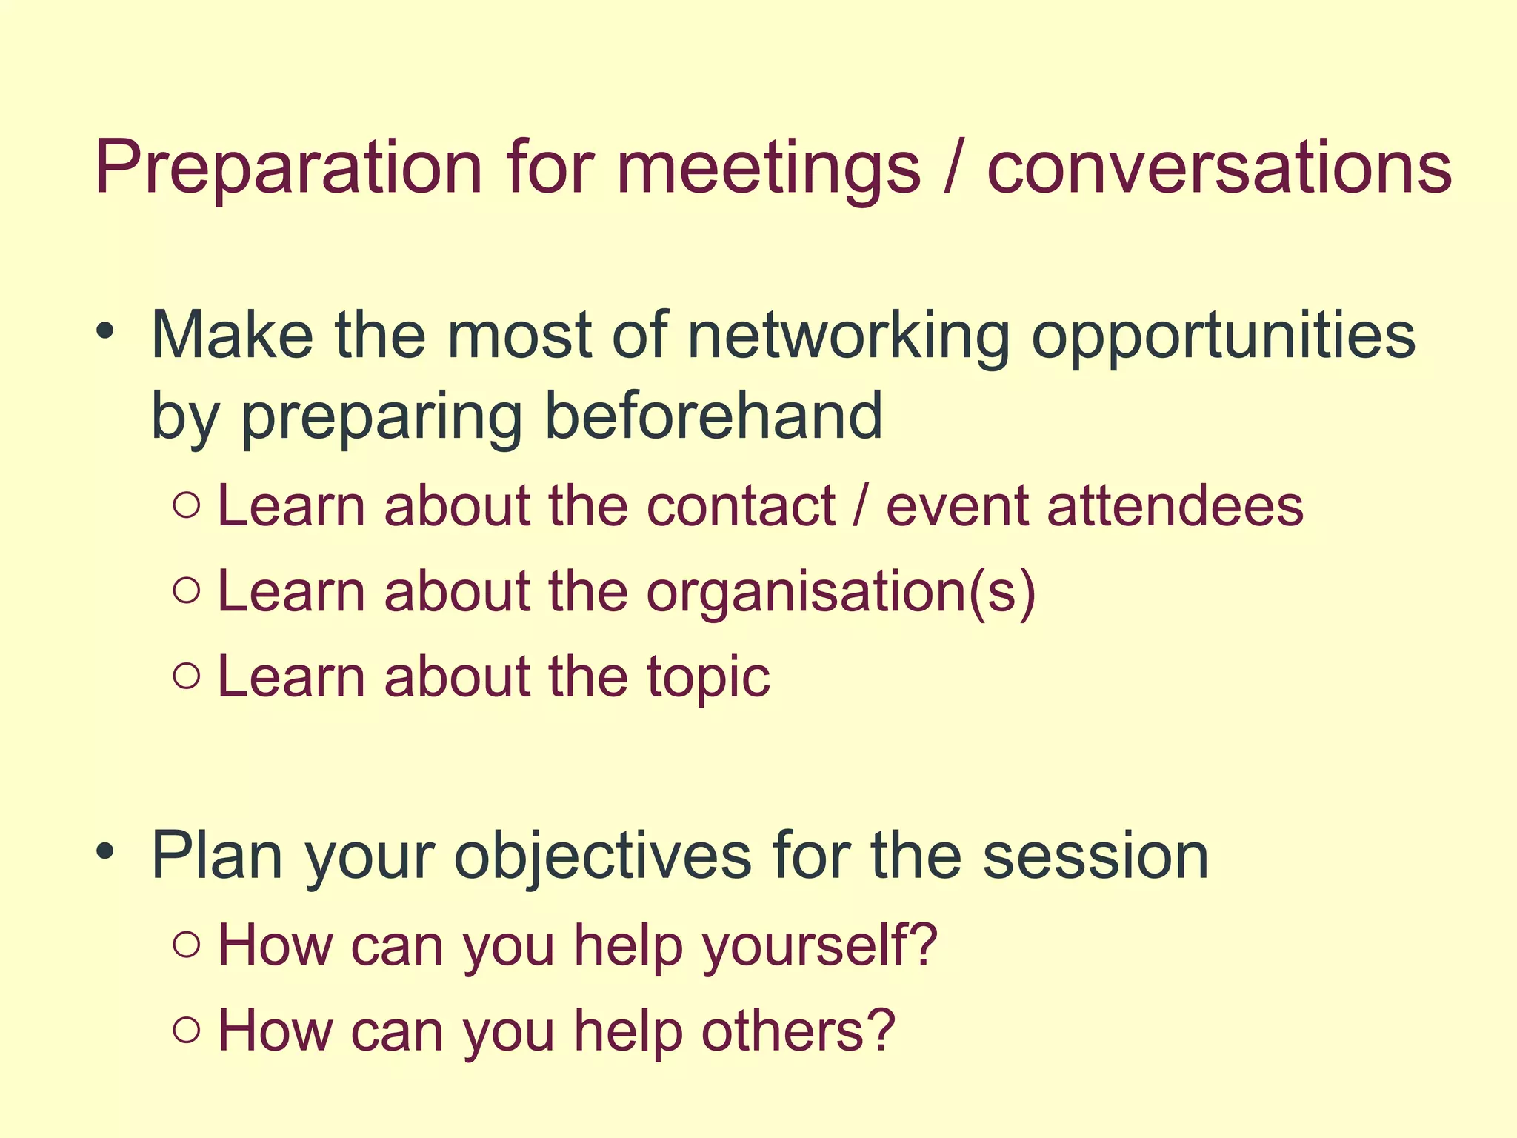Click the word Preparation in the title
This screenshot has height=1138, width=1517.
click(289, 169)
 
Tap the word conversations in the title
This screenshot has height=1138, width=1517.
click(1219, 169)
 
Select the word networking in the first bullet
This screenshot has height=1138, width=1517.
click(849, 337)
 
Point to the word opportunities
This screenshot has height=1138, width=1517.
click(1223, 337)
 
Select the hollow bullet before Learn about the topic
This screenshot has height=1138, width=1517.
click(187, 676)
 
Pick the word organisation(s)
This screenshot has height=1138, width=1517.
click(841, 593)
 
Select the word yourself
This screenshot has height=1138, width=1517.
click(818, 946)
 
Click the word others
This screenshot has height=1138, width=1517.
click(798, 1031)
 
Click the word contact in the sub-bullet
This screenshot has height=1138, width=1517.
click(741, 507)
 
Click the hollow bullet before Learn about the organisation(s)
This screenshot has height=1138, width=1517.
click(187, 590)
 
